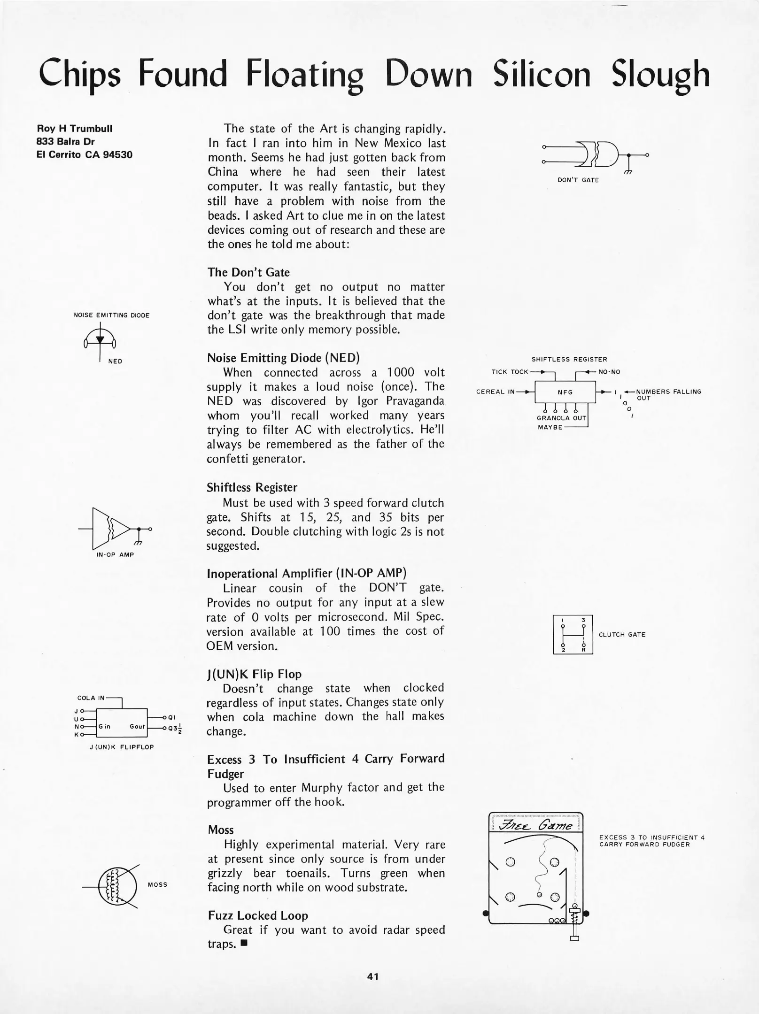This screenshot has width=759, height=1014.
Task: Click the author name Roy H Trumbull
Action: pyautogui.click(x=75, y=129)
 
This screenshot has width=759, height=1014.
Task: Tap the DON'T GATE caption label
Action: pyautogui.click(x=578, y=180)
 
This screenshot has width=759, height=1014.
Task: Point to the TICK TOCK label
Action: pyautogui.click(x=510, y=372)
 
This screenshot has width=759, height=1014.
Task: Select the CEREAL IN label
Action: pyautogui.click(x=496, y=392)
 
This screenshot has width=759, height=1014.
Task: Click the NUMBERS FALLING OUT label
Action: pyautogui.click(x=668, y=394)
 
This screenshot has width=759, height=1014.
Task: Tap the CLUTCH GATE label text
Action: pyautogui.click(x=622, y=635)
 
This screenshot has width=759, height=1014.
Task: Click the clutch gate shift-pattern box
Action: pyautogui.click(x=573, y=634)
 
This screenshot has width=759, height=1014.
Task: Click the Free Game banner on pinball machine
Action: pyautogui.click(x=536, y=825)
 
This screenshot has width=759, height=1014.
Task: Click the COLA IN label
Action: pyautogui.click(x=91, y=698)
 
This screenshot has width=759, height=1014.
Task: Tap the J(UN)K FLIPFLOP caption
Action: pyautogui.click(x=122, y=747)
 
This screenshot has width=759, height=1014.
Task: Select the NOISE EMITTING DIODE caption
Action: pyautogui.click(x=112, y=315)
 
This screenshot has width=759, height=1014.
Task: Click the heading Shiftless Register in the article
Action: pyautogui.click(x=252, y=487)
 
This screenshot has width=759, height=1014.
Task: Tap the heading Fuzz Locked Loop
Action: pyautogui.click(x=258, y=915)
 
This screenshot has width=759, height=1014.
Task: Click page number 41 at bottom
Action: pyautogui.click(x=373, y=977)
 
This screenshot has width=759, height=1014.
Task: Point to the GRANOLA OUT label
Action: pyautogui.click(x=561, y=418)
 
